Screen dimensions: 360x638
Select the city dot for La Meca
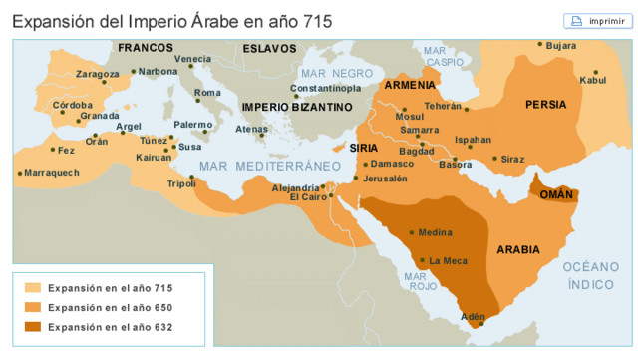pyautogui.click(x=423, y=260)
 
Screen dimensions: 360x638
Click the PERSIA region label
pyautogui.click(x=546, y=104)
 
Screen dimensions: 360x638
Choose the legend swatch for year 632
pyautogui.click(x=33, y=327)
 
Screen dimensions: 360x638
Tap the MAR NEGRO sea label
pyautogui.click(x=338, y=74)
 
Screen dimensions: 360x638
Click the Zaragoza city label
pyautogui.click(x=97, y=73)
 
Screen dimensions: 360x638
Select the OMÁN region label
pyautogui.click(x=556, y=194)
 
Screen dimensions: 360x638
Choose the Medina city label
pyautogui.click(x=435, y=232)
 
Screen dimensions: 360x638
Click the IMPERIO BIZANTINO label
pyautogui.click(x=297, y=106)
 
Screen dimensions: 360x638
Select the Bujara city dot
pyautogui.click(x=539, y=45)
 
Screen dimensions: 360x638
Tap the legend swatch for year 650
pyautogui.click(x=33, y=307)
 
